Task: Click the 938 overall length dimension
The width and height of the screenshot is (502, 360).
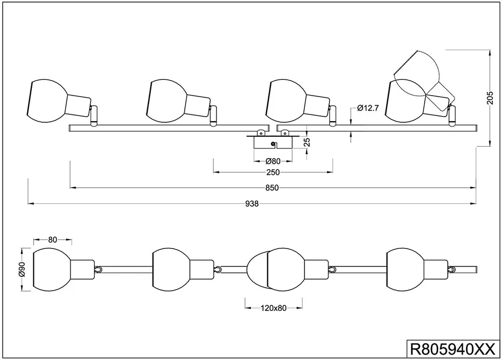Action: pos(252,204)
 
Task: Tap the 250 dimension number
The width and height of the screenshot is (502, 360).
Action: pos(273,172)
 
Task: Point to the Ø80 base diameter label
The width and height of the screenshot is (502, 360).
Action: pos(273,161)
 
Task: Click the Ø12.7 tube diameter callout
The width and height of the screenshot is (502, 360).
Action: pos(368,108)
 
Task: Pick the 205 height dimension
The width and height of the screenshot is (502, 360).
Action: pos(490,98)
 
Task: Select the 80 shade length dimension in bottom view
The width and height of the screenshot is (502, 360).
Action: pos(52,240)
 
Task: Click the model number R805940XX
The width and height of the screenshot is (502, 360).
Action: pos(449,348)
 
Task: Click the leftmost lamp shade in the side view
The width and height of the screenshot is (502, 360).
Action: pos(48,102)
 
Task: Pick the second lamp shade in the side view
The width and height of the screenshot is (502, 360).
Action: pos(166,102)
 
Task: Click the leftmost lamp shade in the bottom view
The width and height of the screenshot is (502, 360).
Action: pos(51,269)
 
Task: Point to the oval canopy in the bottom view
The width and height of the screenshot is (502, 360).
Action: pos(256,269)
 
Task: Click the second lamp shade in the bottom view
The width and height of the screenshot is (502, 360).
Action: pos(170,269)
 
